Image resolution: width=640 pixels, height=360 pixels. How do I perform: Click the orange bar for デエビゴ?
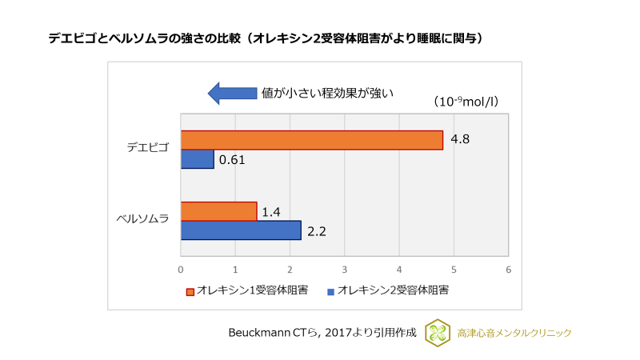311,140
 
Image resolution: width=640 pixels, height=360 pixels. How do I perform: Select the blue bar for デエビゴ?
197,159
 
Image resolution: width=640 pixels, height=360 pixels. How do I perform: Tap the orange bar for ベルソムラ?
218,211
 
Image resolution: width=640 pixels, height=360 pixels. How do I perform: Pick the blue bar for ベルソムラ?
240,230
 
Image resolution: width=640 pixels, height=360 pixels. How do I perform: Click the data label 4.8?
460,139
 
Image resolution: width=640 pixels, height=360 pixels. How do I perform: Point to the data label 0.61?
231,159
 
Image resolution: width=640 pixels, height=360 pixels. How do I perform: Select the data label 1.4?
270,211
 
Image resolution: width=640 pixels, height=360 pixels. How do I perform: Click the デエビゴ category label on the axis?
148,148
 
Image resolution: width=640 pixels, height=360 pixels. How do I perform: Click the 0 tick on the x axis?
181,270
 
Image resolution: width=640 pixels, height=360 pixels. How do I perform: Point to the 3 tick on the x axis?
344,270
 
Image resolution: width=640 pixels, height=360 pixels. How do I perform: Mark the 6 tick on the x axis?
508,270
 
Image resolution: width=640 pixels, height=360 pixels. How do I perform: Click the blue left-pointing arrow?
232,93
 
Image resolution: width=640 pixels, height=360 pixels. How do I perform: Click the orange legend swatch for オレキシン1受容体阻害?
190,291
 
